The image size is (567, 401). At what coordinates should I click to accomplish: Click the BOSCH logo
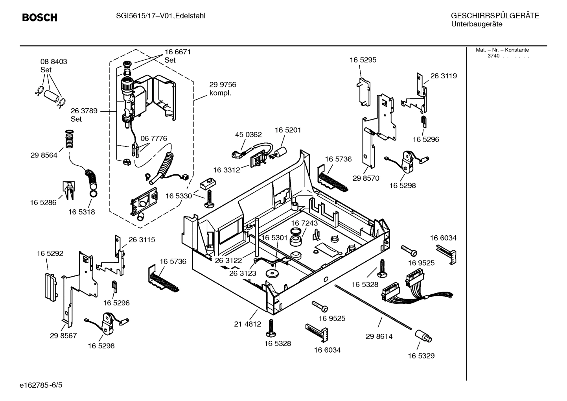40,18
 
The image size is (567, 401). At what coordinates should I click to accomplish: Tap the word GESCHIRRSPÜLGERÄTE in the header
495,16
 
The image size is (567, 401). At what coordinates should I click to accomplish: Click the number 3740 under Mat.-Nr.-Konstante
493,56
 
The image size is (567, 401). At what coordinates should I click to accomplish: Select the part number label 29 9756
223,85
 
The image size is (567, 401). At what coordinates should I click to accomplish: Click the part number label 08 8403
53,62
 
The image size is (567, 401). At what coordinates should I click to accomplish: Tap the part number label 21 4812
247,324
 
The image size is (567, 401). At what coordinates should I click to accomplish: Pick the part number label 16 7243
304,223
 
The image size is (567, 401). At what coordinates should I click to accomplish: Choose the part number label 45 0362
248,135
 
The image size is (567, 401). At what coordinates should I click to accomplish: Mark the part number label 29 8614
379,336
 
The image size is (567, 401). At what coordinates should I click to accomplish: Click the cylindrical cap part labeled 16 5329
423,336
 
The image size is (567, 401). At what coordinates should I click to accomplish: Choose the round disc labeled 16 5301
271,274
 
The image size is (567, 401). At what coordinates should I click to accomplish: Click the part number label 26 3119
443,76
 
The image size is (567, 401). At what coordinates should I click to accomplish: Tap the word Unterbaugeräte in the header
477,24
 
